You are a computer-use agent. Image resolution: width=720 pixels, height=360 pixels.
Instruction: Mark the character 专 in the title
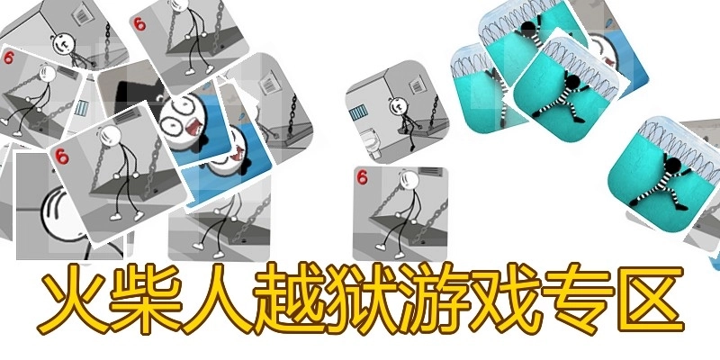pos(576,300)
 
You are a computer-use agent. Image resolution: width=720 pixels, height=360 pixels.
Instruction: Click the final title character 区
pos(648,300)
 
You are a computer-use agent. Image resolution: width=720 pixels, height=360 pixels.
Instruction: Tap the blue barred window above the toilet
pos(358,112)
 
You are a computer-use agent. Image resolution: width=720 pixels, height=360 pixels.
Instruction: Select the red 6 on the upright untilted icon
pos(363,177)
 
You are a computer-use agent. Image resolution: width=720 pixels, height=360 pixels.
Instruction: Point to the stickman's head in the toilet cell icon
pos(398,106)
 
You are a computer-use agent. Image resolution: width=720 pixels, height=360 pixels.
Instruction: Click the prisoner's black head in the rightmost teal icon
pos(672,166)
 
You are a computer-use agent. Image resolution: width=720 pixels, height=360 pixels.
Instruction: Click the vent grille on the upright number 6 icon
pos(431,172)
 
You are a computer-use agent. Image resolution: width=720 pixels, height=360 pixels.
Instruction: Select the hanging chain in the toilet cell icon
pos(433,112)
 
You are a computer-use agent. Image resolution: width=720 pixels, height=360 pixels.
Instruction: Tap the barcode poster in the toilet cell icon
pos(418,85)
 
